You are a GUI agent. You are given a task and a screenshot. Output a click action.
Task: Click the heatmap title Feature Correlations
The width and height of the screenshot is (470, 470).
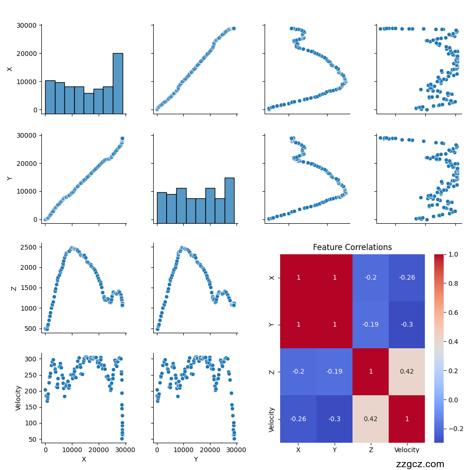coord(352,247)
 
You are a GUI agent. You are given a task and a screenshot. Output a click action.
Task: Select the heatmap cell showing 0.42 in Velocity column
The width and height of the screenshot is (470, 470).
coord(407,372)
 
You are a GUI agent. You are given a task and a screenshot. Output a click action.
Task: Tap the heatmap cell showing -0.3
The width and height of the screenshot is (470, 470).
coord(334,419)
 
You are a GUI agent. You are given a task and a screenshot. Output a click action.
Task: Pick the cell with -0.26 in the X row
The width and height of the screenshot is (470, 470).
coord(407,278)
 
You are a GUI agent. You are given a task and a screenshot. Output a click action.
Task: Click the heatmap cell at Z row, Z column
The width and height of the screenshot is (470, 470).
coord(370,372)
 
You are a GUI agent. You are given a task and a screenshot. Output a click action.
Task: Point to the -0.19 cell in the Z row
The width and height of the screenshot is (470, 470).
coord(334,372)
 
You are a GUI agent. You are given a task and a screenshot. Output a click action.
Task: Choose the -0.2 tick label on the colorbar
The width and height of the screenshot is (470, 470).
coord(454,429)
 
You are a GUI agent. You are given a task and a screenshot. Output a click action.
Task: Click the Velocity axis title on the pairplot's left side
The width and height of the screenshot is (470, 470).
coord(18,398)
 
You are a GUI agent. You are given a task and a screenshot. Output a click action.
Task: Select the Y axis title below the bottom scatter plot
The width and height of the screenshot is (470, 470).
coord(196,459)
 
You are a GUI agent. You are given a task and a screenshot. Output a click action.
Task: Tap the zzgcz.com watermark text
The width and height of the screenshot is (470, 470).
coord(420,464)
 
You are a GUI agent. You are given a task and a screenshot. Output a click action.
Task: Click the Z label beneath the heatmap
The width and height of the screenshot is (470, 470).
coord(370,450)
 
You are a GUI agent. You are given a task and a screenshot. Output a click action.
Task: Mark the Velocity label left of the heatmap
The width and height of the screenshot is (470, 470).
coord(272,419)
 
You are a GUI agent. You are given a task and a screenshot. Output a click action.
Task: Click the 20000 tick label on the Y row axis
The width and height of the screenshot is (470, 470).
coord(28,164)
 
